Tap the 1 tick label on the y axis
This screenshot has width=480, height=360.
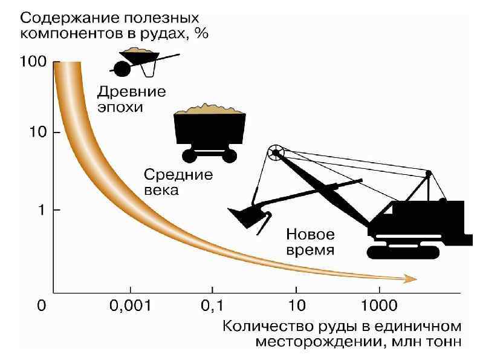[x=39, y=210]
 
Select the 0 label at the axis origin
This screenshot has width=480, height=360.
[x=42, y=306]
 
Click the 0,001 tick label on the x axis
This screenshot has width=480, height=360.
[x=129, y=306]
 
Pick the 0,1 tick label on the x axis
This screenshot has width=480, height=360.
[x=212, y=306]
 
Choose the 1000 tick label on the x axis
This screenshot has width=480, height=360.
[x=380, y=306]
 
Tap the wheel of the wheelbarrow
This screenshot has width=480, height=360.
[x=122, y=70]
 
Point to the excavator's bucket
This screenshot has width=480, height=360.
[x=248, y=215]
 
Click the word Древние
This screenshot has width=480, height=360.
[x=131, y=93]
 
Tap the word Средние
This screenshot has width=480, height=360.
[x=178, y=175]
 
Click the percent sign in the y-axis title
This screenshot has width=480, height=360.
[x=201, y=34]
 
